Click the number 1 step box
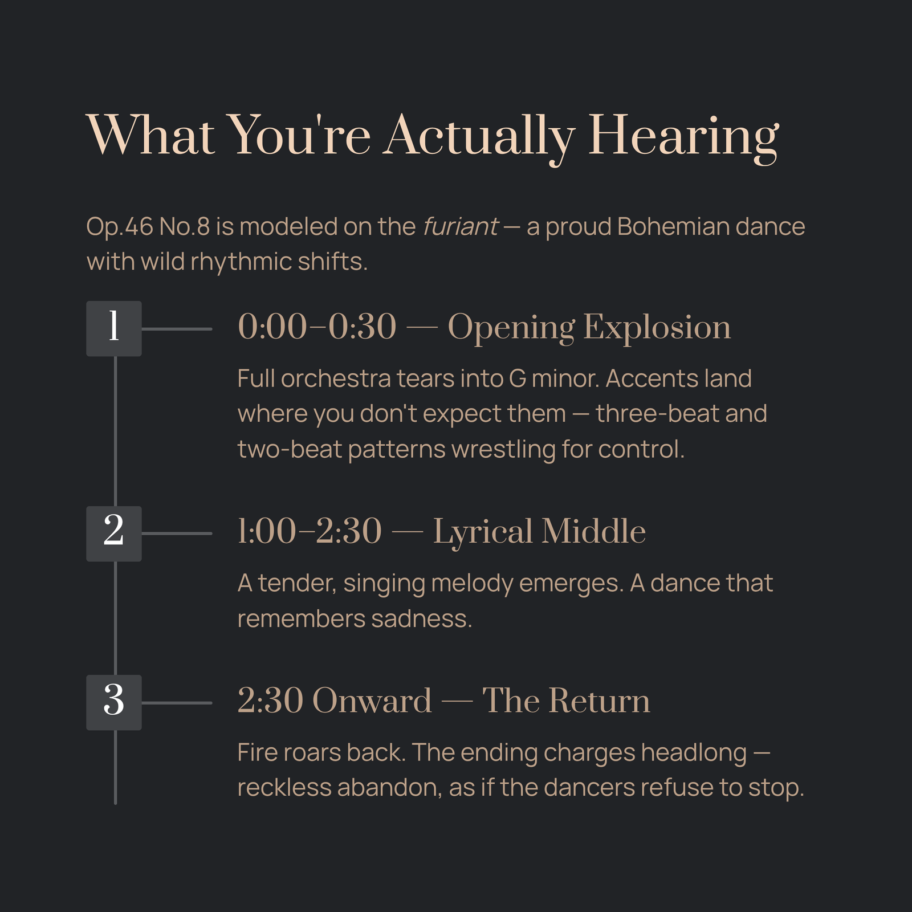114,328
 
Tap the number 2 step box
114,534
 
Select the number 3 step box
114,702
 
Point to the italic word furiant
461,227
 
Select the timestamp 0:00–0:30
317,328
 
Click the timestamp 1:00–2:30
310,532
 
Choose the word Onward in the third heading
372,701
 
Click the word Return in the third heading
599,701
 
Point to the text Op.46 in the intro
120,227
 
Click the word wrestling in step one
503,450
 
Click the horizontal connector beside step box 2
177,534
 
